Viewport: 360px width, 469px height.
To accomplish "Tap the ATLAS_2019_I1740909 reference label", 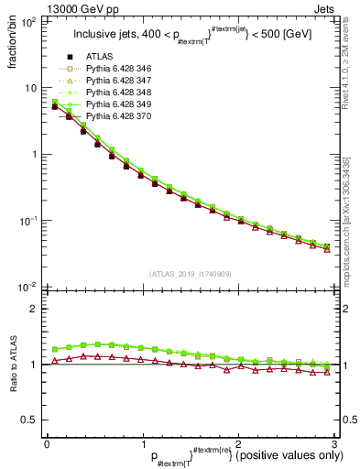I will pos(189,275).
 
